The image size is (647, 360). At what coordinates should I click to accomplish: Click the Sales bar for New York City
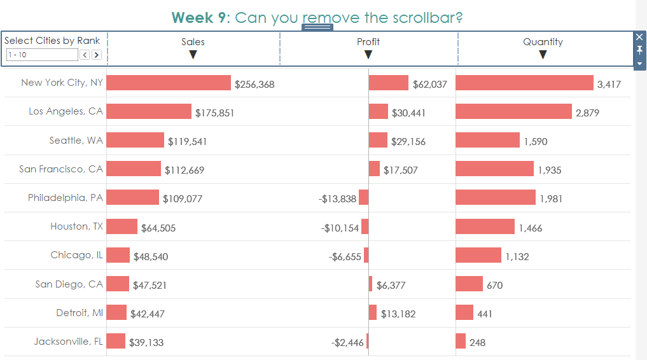[x=169, y=83]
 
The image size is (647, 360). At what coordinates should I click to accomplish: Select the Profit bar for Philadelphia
[x=364, y=197]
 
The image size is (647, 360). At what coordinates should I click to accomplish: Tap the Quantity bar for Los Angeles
[x=513, y=111]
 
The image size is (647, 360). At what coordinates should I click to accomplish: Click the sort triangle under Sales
[x=193, y=55]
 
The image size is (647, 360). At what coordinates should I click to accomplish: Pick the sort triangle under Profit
[x=368, y=55]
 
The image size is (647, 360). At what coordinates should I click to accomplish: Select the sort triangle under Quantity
[x=543, y=55]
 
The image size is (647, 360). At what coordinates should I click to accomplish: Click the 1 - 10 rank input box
[x=42, y=55]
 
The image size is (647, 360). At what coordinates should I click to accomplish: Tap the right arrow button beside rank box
[x=97, y=55]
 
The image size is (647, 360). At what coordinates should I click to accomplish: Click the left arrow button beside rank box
[x=85, y=55]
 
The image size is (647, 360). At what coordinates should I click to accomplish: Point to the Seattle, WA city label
[x=76, y=140]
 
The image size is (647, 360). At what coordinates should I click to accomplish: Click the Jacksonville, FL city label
[x=68, y=341]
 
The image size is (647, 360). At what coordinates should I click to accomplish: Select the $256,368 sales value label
[x=254, y=84]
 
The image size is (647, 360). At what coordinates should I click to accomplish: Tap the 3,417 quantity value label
[x=609, y=84]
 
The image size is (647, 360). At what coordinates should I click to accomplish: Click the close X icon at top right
[x=639, y=37]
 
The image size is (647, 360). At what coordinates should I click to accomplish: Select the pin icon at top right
[x=639, y=50]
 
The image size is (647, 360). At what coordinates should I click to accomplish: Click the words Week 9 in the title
[x=198, y=17]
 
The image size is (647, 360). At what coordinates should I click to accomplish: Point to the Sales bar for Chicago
[x=118, y=255]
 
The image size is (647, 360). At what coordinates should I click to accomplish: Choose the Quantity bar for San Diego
[x=469, y=284]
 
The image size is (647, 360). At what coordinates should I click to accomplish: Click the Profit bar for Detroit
[x=372, y=312]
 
